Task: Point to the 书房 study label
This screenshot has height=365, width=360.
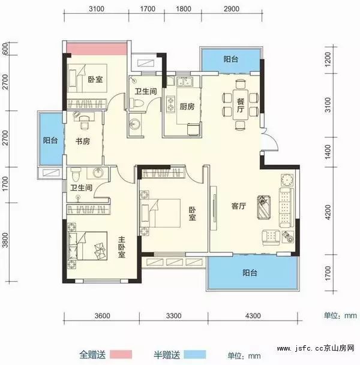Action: pyautogui.click(x=83, y=142)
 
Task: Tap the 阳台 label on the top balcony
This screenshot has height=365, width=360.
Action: pyautogui.click(x=231, y=59)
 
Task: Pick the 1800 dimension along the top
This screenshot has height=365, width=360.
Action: pyautogui.click(x=184, y=9)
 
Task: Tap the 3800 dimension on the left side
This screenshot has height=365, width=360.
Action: pyautogui.click(x=5, y=240)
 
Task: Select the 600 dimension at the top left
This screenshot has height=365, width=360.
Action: pyautogui.click(x=5, y=50)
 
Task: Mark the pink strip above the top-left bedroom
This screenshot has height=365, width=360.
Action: pyautogui.click(x=96, y=49)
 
